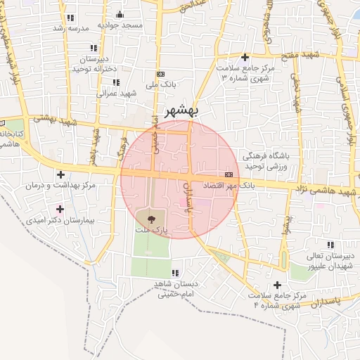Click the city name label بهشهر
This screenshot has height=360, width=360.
click(182, 110)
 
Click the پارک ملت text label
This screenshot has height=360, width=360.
click(152, 230)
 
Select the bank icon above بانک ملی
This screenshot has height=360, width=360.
click(161, 74)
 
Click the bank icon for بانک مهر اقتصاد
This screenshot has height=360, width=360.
click(229, 174)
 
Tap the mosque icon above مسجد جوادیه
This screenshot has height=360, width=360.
click(119, 14)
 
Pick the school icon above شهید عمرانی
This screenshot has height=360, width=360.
click(115, 82)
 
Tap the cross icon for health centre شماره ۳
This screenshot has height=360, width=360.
click(245, 57)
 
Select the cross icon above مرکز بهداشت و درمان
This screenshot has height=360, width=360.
click(60, 174)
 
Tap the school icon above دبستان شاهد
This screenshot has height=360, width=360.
click(175, 273)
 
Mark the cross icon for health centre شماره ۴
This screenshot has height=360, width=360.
click(276, 285)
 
